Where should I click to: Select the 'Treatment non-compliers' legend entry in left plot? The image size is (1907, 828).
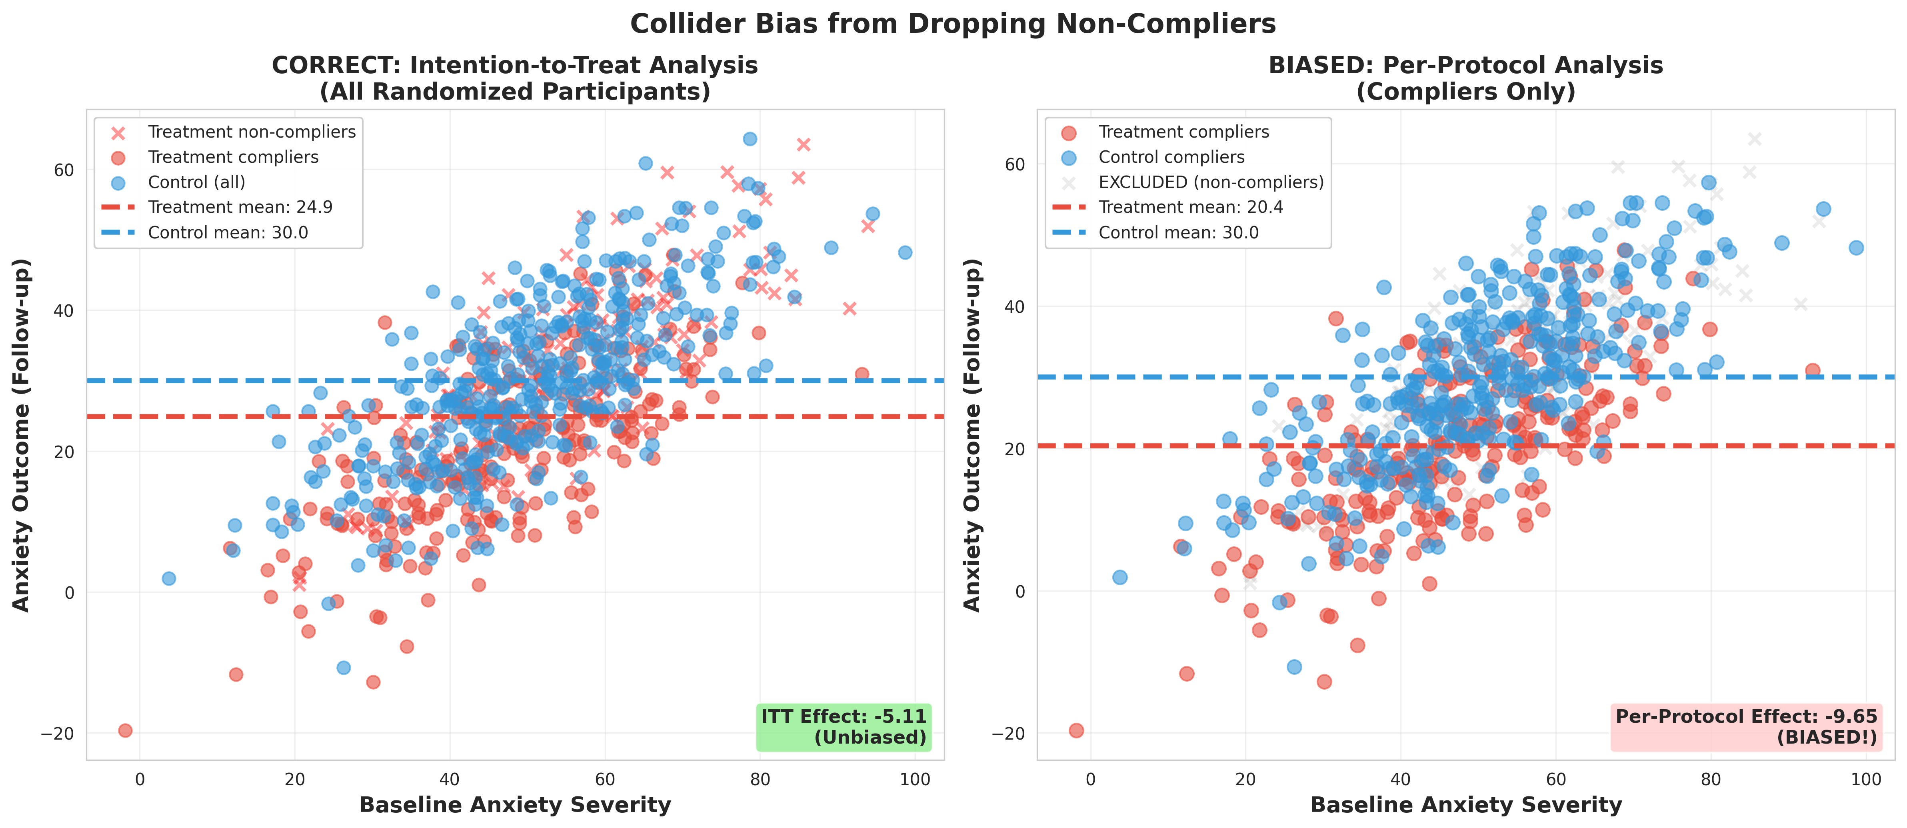252,132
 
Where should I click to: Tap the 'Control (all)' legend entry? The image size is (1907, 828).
196,182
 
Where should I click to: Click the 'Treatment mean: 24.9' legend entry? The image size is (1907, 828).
240,207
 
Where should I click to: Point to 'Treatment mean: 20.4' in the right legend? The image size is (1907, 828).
1190,207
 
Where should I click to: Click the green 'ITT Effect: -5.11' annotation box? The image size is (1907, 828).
843,726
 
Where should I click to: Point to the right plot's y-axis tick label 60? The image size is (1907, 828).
1014,164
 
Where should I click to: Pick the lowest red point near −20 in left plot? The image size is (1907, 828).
125,731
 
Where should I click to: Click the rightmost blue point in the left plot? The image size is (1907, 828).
905,252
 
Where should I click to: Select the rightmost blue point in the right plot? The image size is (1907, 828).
1856,247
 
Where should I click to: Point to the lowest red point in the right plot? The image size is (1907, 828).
1076,731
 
